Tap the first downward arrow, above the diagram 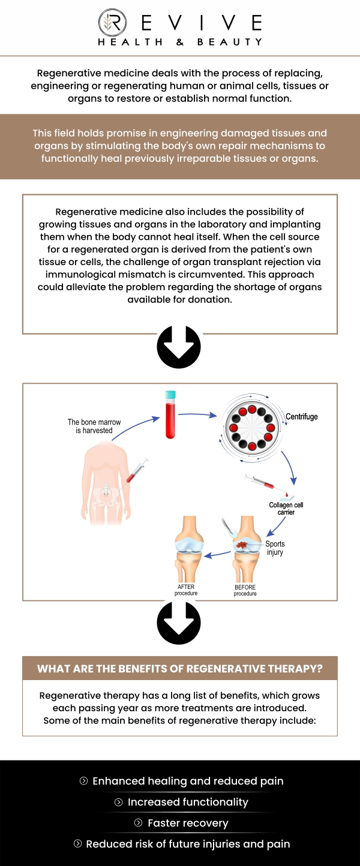click(179, 347)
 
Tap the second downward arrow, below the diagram click(179, 623)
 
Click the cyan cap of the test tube click(170, 396)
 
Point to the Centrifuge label click(301, 416)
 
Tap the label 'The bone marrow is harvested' click(94, 426)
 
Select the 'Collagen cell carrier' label click(286, 509)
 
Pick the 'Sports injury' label click(275, 548)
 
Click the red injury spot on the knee click(244, 546)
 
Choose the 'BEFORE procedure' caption click(245, 590)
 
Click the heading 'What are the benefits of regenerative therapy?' click(179, 669)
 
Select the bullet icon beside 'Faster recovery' click(139, 823)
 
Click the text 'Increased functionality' click(188, 802)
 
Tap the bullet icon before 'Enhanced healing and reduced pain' click(83, 781)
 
